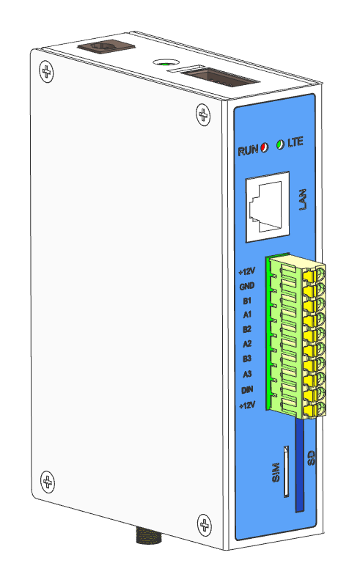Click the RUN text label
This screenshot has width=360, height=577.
[x=248, y=150]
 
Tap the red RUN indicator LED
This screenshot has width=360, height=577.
[x=264, y=147]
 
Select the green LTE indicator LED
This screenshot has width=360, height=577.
[x=281, y=144]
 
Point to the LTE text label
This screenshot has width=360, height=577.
[x=295, y=142]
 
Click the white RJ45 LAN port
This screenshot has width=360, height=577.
[x=267, y=207]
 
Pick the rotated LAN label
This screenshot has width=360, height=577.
[x=303, y=199]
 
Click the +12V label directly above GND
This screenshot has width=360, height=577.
[x=246, y=271]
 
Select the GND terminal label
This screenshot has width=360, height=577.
[x=246, y=286]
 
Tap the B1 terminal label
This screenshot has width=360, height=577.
[x=247, y=301]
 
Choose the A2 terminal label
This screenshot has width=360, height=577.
[x=247, y=344]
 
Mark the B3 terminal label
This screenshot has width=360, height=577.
[x=247, y=359]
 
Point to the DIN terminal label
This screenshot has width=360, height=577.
[x=247, y=390]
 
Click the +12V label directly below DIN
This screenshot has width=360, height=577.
[x=246, y=405]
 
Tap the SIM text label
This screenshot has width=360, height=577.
[x=276, y=472]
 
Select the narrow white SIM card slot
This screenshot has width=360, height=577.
[x=286, y=471]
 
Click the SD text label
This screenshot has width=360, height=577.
[x=312, y=457]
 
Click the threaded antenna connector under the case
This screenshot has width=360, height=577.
[x=149, y=535]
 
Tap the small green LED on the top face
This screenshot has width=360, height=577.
[x=165, y=64]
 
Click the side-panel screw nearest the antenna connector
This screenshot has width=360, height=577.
[x=205, y=524]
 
